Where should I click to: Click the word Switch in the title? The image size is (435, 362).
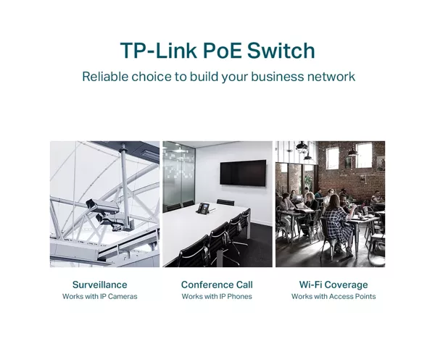pos(281,51)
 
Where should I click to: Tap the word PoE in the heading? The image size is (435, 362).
pos(223,51)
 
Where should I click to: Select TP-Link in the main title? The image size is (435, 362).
pos(158,51)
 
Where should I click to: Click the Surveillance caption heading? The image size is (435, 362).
pos(99,285)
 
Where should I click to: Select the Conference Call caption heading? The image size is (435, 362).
pos(217,285)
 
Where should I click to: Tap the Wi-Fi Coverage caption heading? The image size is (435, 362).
pos(333,285)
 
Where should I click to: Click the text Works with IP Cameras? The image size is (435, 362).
pos(99,296)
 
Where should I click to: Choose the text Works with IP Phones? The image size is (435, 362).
pos(217,296)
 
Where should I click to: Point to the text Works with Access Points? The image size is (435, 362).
pos(333,296)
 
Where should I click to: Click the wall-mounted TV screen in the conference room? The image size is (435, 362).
pos(243,173)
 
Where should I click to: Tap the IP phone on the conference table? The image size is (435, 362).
pos(204,208)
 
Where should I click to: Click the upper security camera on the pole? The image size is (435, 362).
pos(102,205)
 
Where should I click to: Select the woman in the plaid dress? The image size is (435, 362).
pos(337,223)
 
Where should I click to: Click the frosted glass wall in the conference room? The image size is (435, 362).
pos(178,174)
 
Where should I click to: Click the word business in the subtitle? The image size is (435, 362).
pos(278,77)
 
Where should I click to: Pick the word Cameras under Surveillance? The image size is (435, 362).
pos(123,296)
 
